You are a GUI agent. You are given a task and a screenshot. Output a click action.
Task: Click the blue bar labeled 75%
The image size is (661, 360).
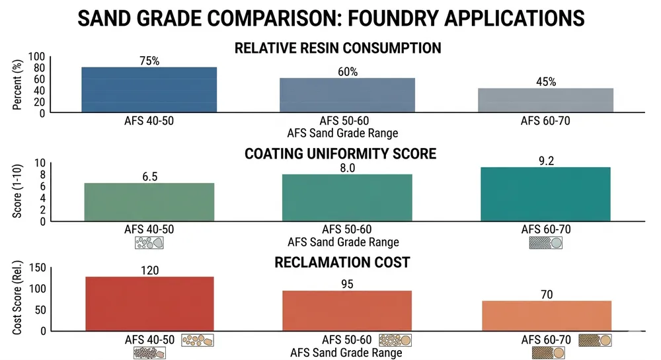pyautogui.click(x=149, y=89)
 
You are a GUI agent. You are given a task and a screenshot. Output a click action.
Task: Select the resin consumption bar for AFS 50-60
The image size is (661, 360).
pyautogui.click(x=347, y=95)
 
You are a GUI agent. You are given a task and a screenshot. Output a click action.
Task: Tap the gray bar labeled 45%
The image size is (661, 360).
pyautogui.click(x=546, y=100)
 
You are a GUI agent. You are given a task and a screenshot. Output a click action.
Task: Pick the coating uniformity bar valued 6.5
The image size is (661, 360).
pyautogui.click(x=149, y=202)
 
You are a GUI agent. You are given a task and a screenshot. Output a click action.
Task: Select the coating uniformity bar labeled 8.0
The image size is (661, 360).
pyautogui.click(x=347, y=198)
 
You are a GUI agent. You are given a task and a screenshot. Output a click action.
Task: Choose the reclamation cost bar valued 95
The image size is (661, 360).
pyautogui.click(x=347, y=310)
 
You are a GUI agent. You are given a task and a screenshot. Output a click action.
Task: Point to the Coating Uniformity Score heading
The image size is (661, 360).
pyautogui.click(x=340, y=154)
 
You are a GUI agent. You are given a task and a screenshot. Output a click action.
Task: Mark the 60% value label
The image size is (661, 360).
pyautogui.click(x=347, y=71)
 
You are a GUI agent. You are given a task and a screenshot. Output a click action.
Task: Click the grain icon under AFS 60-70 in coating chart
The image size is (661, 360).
pyautogui.click(x=545, y=243)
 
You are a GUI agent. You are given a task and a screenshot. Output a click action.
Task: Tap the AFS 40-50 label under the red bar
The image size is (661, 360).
pyautogui.click(x=149, y=340)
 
